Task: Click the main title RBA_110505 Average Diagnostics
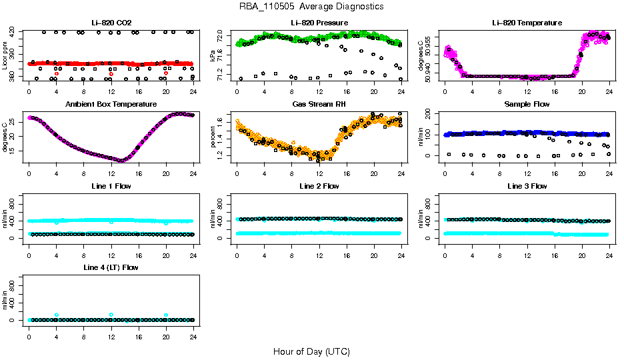311,6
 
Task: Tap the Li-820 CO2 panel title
111,23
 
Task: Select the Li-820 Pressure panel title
319,23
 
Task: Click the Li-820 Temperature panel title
527,23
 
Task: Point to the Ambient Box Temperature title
111,104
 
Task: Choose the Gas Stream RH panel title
319,104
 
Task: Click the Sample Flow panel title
527,104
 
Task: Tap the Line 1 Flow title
111,186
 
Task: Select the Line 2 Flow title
319,186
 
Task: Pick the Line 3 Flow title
527,186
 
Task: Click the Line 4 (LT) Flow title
111,267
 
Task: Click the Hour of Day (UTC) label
311,351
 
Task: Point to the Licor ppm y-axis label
5,55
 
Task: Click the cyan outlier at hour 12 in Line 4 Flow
111,315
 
